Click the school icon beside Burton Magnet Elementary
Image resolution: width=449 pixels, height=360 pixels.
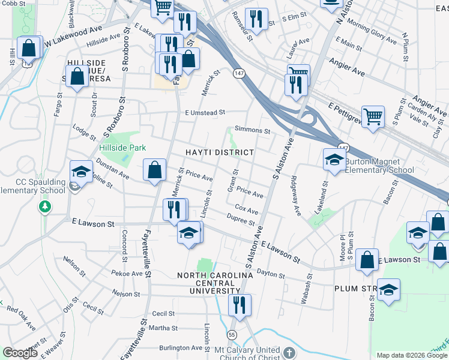pyautogui.click(x=334, y=160)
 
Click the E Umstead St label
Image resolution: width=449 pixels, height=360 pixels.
pyautogui.click(x=205, y=112)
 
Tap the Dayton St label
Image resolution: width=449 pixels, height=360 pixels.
pyautogui.click(x=270, y=274)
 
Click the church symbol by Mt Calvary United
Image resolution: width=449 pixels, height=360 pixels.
pyautogui.click(x=289, y=352)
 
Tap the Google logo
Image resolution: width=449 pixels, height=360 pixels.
pyautogui.click(x=20, y=353)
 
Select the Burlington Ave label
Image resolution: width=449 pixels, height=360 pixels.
pyautogui.click(x=181, y=347)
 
